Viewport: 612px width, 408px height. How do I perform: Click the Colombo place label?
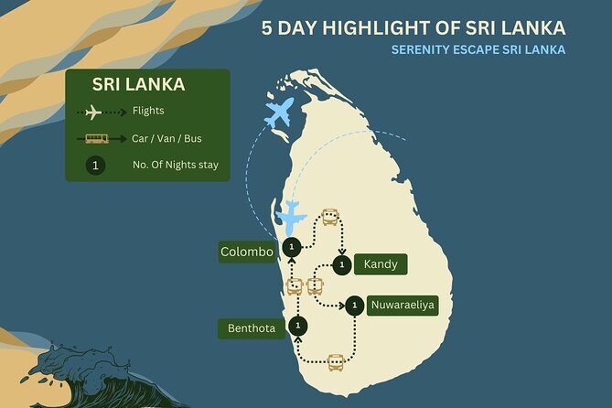coord(247,252)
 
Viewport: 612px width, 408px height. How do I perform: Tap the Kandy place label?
coord(379,265)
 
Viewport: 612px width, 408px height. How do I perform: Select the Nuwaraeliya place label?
coord(403,306)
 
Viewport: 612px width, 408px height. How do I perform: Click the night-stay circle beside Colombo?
coord(291,247)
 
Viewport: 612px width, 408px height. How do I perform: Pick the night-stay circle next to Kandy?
coord(341,265)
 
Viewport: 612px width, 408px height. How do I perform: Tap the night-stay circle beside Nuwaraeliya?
coord(352,306)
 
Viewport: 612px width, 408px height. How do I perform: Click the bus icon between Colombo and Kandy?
coord(330,218)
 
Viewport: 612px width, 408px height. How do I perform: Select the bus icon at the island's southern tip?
coord(336,361)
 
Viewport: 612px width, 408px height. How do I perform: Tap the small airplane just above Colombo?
coord(290,218)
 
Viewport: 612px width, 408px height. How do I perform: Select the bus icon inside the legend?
coord(96,139)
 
